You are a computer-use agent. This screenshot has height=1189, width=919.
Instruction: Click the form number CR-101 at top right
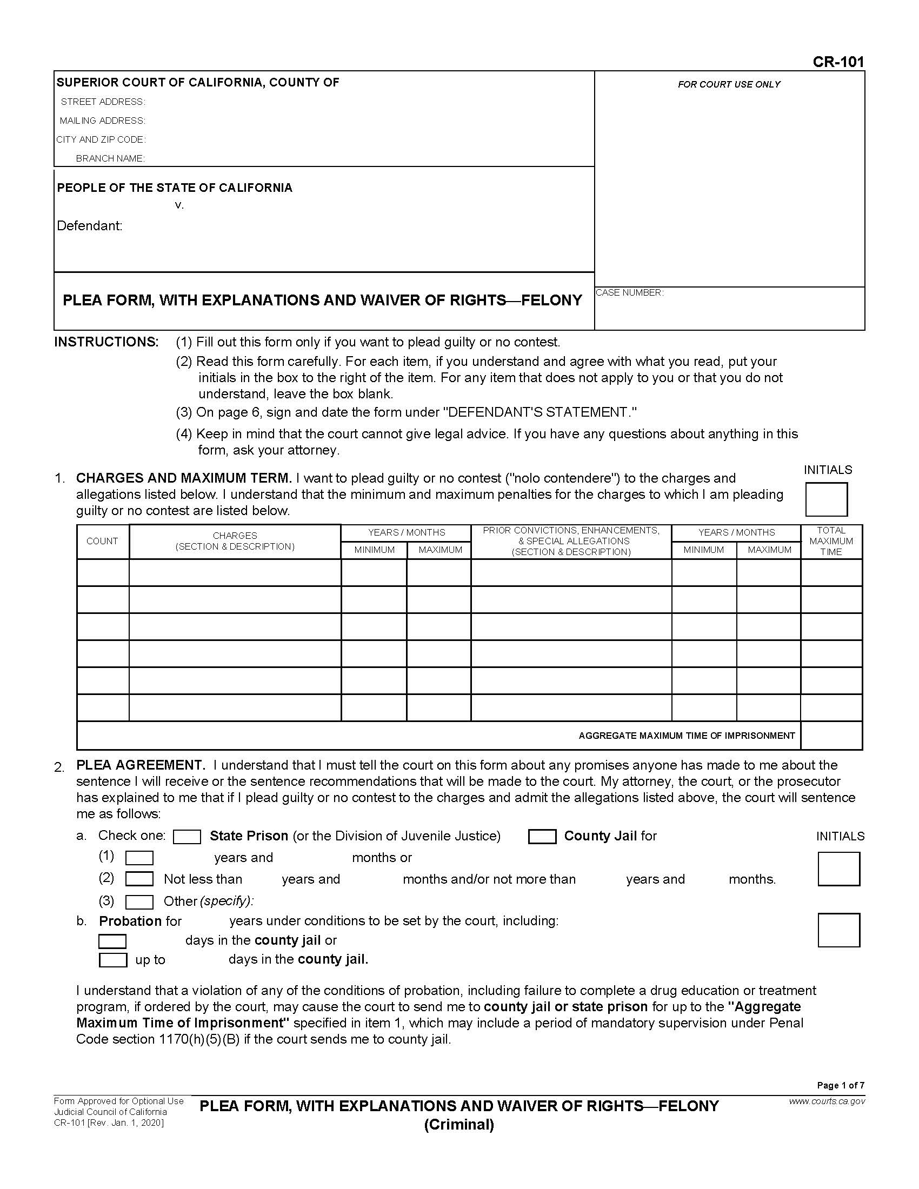coord(838,62)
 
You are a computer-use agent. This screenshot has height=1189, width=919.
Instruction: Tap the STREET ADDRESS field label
coord(102,102)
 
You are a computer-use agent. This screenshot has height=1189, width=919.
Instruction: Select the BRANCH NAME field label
coord(110,158)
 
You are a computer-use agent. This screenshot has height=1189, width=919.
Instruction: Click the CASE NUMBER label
coord(629,293)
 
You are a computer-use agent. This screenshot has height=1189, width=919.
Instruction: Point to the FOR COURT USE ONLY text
coord(729,84)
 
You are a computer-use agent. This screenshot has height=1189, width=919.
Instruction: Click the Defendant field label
coord(89,226)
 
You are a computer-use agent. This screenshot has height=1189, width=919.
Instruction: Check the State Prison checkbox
coord(187,837)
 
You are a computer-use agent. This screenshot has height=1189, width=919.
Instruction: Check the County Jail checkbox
coord(542,837)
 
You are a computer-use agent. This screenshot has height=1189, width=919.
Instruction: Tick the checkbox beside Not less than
coord(139,879)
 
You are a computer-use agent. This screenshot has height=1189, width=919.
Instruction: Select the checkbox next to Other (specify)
coord(139,902)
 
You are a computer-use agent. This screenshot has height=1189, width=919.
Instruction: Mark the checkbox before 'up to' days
coord(112,960)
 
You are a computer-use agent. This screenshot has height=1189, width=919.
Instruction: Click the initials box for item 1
coord(826,499)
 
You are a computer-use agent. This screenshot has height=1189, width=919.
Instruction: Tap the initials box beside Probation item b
coord(838,931)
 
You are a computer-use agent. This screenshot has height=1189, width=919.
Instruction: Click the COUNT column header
coord(102,541)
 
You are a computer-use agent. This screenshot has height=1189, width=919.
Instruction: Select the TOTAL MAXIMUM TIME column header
coord(831,541)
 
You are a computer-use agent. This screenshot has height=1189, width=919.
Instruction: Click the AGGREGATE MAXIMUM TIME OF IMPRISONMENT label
coord(687,736)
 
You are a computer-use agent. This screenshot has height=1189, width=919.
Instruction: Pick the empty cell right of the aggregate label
coord(831,736)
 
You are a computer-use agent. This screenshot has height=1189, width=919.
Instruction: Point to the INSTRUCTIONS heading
coord(106,342)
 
